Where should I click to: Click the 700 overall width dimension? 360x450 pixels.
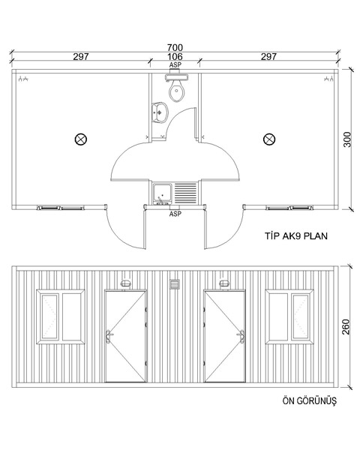(x=175, y=47)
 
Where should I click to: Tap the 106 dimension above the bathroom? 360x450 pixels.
(x=175, y=56)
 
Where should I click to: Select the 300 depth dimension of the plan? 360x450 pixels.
(x=347, y=139)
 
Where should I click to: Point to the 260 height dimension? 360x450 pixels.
(x=346, y=326)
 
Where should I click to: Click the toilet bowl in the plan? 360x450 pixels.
(x=176, y=91)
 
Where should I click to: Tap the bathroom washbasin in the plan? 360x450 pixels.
(x=160, y=112)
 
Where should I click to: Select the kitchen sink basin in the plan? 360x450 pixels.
(x=163, y=193)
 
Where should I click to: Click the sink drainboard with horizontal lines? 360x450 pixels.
(x=186, y=193)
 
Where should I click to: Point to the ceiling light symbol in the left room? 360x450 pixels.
(x=81, y=139)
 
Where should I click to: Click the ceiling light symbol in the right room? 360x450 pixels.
(x=269, y=139)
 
